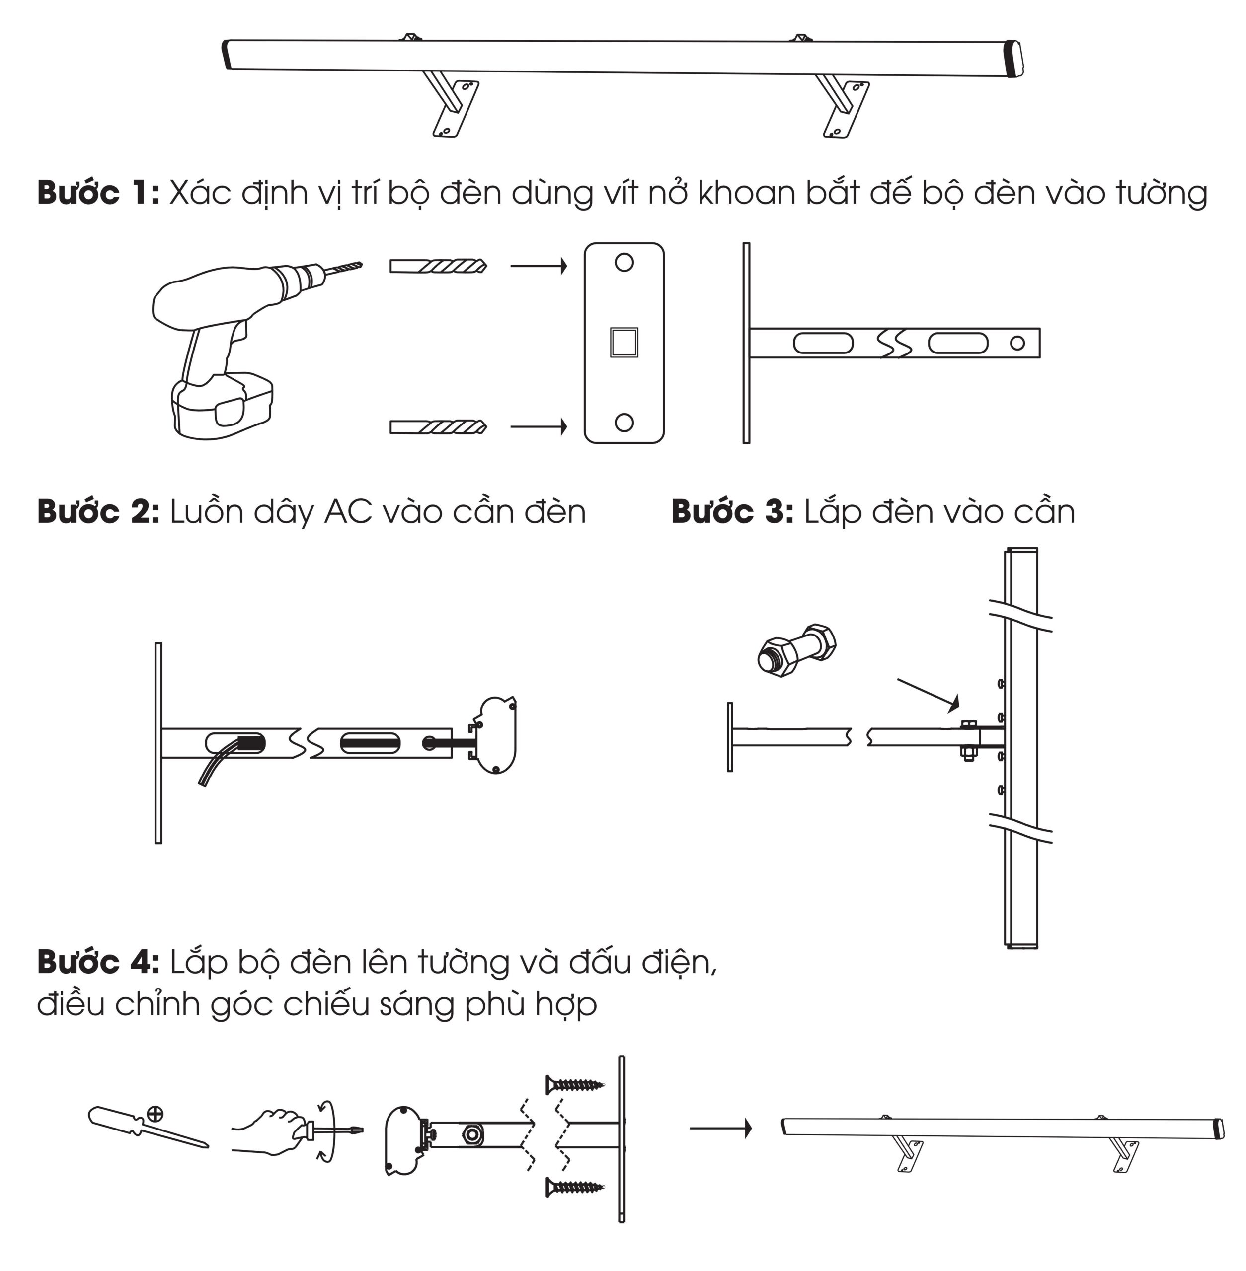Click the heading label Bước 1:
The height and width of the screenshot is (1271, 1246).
coord(98,193)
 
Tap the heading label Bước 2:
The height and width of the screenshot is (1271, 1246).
coord(98,512)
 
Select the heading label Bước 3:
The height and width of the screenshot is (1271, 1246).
coord(732,512)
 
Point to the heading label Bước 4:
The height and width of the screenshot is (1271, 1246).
coord(98,962)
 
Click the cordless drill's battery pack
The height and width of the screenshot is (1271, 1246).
coord(221,407)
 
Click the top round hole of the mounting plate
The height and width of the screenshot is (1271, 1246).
coord(624,262)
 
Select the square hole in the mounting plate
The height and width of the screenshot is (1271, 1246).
coord(624,342)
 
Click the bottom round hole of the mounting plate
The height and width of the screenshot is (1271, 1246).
coord(624,422)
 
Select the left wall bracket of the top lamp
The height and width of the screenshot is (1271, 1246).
coord(451,108)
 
